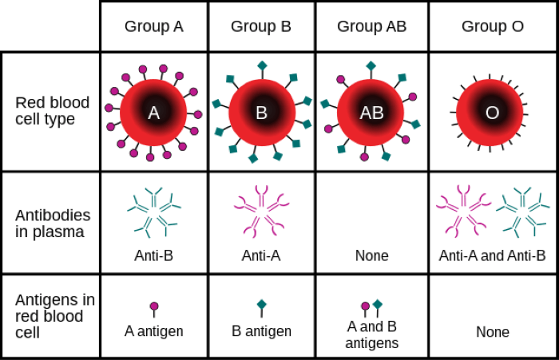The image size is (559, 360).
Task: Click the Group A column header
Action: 153,26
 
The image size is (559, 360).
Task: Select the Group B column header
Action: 261,26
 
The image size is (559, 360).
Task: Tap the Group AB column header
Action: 371,26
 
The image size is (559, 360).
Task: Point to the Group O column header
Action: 493,26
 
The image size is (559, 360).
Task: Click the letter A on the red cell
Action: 153,113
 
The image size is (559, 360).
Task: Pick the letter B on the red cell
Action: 261,113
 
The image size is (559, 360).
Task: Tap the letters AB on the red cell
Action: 371,113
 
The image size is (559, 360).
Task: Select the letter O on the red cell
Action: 493,113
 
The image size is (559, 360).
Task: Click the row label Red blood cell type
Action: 52,110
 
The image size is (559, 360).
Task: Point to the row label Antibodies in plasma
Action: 53,224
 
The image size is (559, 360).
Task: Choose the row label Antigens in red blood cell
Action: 55,316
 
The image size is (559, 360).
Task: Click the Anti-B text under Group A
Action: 153,255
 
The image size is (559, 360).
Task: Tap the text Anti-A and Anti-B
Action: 492,255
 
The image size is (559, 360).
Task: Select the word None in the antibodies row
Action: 371,255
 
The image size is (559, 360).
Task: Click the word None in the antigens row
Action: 493,332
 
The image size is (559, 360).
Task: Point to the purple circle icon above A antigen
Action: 154,307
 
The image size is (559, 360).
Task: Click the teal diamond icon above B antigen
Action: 262,305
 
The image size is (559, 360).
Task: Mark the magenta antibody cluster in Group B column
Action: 261,212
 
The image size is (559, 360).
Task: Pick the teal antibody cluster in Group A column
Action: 154,212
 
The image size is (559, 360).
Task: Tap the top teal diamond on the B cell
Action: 263,65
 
